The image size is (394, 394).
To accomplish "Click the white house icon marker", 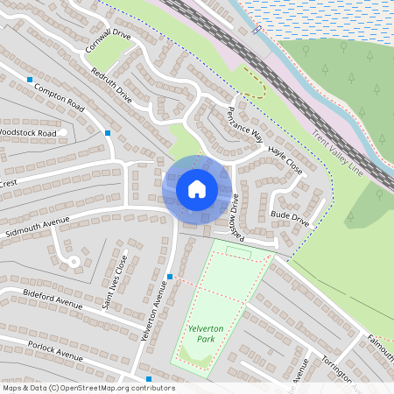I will (197, 189).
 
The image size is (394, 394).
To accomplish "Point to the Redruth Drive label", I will (110, 85).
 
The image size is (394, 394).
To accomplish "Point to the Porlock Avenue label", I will (53, 349).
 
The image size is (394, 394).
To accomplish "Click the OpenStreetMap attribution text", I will (88, 388).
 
